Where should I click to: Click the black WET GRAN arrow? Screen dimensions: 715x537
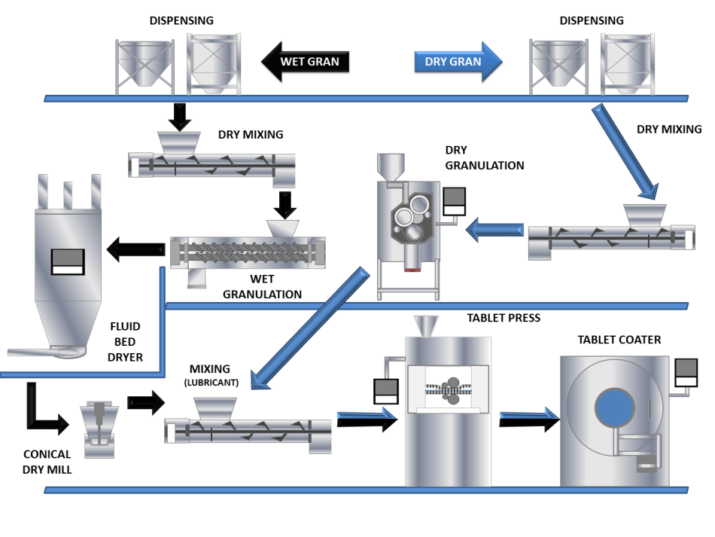tap(305, 62)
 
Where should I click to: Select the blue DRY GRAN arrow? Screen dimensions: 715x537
tap(458, 62)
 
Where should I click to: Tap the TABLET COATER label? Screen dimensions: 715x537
tap(619, 340)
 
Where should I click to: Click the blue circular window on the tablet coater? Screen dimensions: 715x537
tap(615, 407)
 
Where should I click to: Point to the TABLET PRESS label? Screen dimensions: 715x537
tap(504, 318)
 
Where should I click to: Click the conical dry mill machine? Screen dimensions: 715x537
tap(99, 429)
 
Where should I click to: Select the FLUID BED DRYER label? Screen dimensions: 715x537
tap(125, 342)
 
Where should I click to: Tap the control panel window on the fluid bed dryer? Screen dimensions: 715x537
tap(68, 262)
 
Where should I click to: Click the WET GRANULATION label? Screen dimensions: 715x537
tap(262, 286)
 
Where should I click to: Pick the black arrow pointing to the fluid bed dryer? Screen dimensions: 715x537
tap(135, 249)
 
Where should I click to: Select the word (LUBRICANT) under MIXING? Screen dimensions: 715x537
tap(211, 383)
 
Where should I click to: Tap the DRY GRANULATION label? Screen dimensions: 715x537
tap(484, 158)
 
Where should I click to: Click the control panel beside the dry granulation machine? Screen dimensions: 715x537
tap(454, 201)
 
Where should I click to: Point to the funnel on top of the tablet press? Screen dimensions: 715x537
tap(426, 326)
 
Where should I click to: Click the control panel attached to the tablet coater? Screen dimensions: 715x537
tap(686, 373)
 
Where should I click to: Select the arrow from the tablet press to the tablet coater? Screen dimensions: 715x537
tap(529, 419)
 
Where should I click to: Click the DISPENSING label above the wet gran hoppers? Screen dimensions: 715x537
tap(181, 20)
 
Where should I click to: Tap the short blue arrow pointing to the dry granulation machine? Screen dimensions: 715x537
tap(494, 230)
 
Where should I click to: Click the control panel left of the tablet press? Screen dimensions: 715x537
tap(386, 392)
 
